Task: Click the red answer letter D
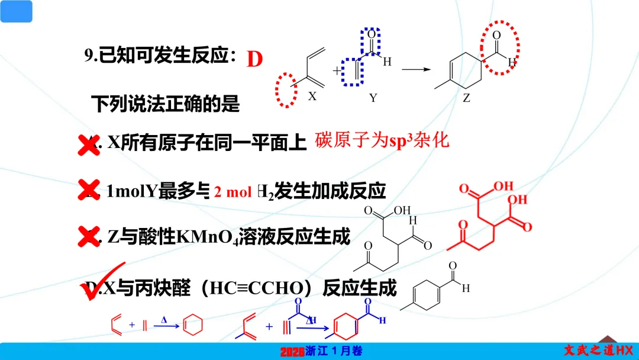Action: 254,59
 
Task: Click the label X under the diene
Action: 312,97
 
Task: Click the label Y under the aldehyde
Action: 373,98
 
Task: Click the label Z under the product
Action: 466,98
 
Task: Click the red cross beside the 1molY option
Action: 89,191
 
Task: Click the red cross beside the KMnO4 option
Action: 89,237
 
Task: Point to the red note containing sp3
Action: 382,141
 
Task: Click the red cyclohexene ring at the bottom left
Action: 190,326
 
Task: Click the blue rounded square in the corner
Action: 16,11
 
